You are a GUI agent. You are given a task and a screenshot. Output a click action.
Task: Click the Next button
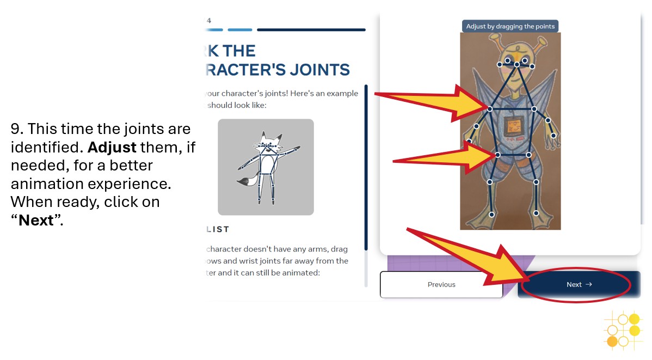tap(579, 284)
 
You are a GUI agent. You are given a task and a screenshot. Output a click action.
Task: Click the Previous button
tap(441, 284)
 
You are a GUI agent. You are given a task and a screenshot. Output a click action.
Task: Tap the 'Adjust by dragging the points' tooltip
tap(510, 26)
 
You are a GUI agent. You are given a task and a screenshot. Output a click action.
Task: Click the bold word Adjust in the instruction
tap(112, 147)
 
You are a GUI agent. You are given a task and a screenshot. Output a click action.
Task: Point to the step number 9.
tap(15, 130)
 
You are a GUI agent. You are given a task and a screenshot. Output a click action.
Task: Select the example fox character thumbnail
tap(266, 167)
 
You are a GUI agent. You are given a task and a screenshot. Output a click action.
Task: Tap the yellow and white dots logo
tap(623, 329)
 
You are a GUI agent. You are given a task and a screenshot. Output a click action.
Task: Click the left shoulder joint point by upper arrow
tap(490, 109)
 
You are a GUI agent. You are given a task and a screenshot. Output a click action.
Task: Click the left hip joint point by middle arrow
tap(497, 155)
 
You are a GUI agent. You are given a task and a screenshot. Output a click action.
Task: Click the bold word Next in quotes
tap(36, 221)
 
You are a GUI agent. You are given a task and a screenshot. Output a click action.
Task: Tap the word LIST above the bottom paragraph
tap(217, 229)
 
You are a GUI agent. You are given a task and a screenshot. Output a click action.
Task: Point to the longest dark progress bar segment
tap(311, 30)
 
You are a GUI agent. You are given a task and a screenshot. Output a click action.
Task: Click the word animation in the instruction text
tap(40, 184)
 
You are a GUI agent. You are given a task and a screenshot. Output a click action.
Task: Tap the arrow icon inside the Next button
tap(589, 284)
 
